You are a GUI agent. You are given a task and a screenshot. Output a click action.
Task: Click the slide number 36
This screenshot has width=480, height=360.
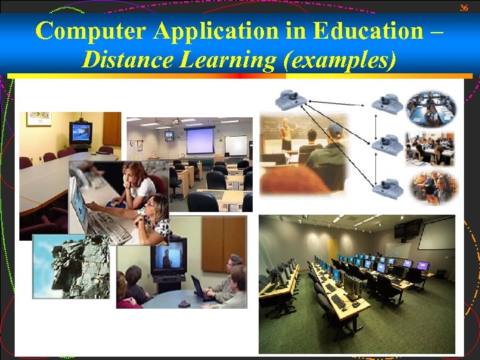click(465, 7)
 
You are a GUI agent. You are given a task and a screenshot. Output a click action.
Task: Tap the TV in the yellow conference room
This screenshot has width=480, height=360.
click(81, 131)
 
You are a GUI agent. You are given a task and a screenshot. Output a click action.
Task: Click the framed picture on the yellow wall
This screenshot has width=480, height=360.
click(39, 119)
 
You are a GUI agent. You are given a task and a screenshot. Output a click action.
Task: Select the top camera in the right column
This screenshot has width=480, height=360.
click(387, 103)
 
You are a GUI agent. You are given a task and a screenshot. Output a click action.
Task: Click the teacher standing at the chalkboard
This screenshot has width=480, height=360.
click(287, 133)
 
